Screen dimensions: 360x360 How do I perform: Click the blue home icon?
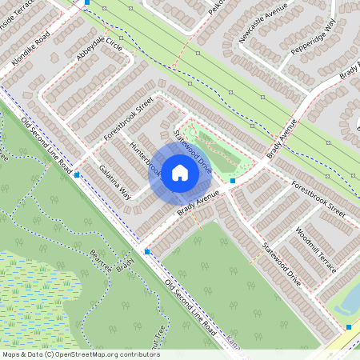point(180,172)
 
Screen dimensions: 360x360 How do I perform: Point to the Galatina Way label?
point(114,182)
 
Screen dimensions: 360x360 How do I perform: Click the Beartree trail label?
point(100,260)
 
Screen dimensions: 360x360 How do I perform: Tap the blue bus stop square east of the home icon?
point(233,181)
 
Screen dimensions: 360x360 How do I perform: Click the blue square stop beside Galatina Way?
point(77,174)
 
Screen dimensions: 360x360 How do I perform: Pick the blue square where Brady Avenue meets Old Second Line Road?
point(147,252)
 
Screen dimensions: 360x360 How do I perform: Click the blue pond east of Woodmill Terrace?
point(350,300)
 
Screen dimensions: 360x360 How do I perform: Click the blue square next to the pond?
point(349,326)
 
